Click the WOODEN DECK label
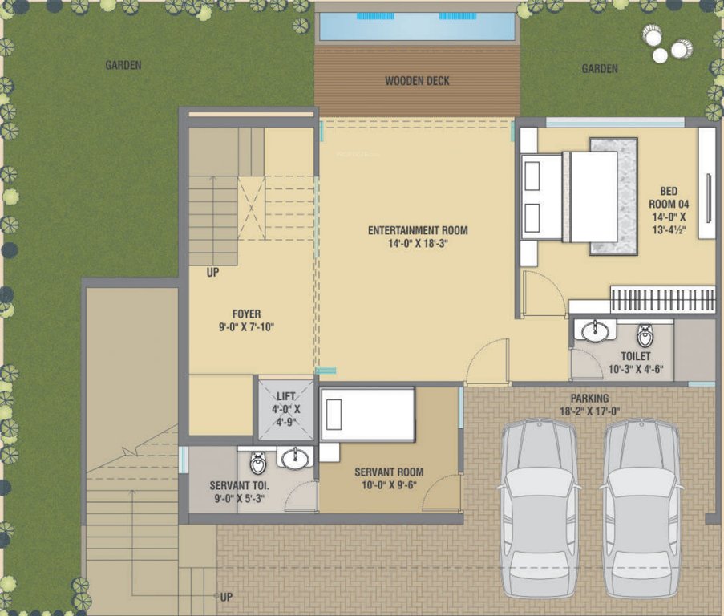417,81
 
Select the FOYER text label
247,314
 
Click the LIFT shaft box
285,408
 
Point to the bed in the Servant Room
368,414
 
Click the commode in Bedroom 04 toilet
645,334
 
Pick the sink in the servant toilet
296,458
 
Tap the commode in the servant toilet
258,463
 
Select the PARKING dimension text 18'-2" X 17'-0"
589,411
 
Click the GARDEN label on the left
123,65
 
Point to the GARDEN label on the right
600,68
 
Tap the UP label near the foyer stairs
212,273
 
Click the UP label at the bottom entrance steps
226,598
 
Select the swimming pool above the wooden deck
417,26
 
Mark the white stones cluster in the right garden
665,43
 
